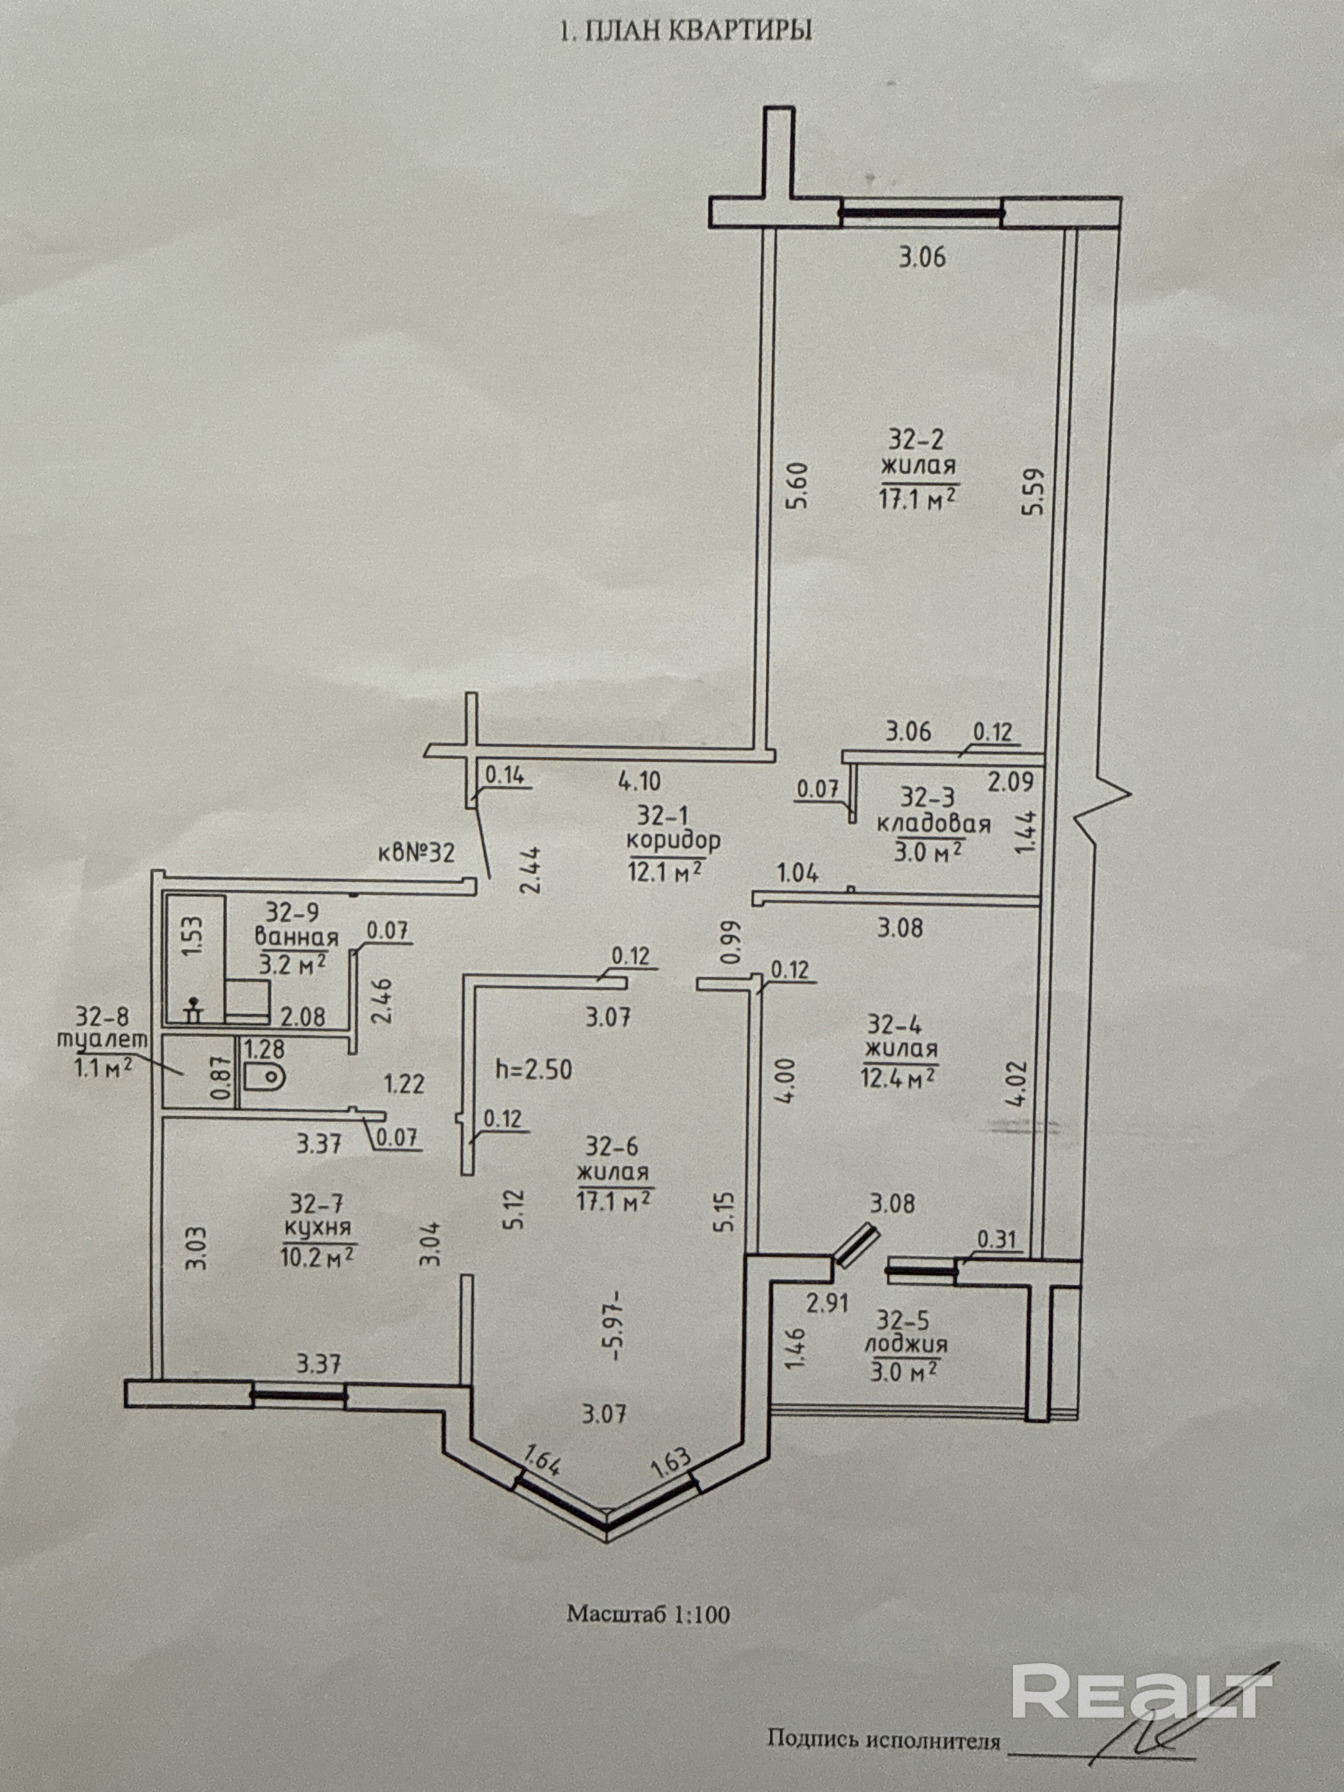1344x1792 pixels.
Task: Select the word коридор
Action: point(673,840)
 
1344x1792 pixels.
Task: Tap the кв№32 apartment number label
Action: point(416,852)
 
